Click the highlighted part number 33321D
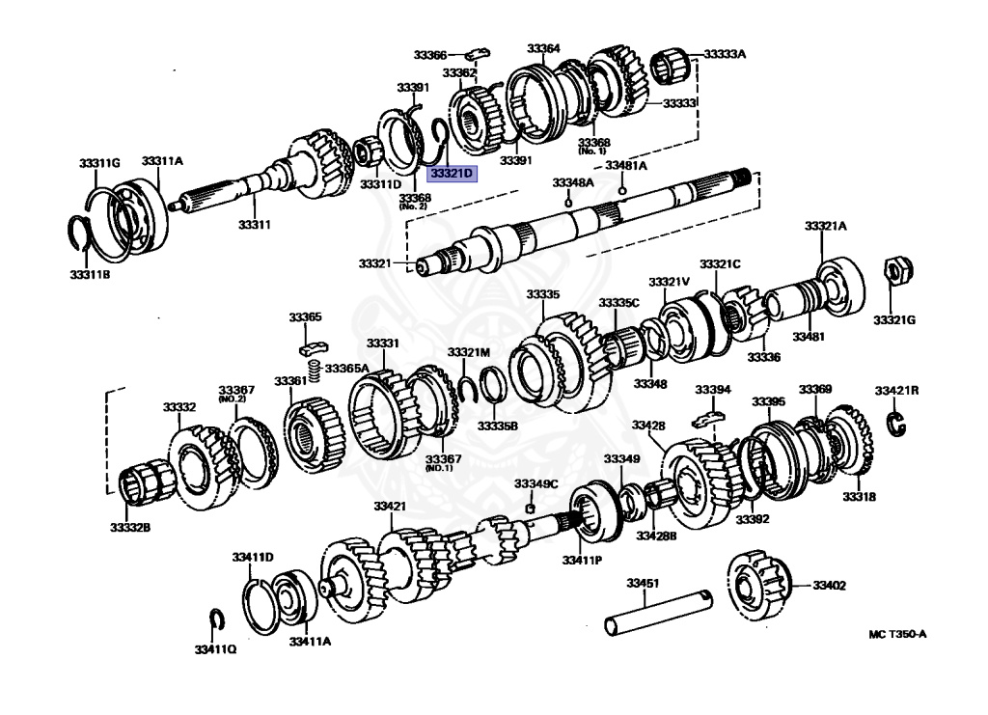pyautogui.click(x=452, y=175)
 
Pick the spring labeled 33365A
pyautogui.click(x=313, y=369)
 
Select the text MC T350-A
pyautogui.click(x=897, y=634)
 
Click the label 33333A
pyautogui.click(x=725, y=54)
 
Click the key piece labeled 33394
pyautogui.click(x=709, y=419)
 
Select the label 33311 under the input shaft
pyautogui.click(x=254, y=225)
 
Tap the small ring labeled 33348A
pyautogui.click(x=567, y=202)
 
